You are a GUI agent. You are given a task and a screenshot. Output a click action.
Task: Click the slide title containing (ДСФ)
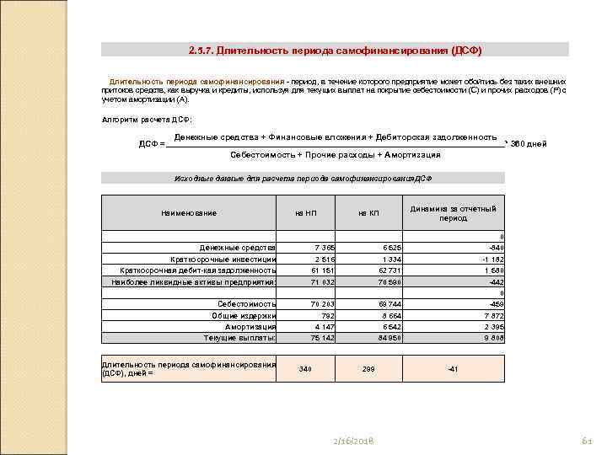click(x=336, y=50)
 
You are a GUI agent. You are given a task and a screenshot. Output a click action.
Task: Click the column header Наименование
click(x=189, y=212)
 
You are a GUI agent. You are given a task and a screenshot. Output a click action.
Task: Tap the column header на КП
click(x=368, y=212)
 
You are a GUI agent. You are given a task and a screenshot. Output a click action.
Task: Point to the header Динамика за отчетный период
click(x=453, y=212)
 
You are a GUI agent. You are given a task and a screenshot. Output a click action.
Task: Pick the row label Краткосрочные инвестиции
click(x=223, y=259)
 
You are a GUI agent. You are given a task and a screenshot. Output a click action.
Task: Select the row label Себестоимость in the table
click(x=246, y=303)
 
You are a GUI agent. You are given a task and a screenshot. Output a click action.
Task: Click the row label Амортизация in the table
click(x=250, y=326)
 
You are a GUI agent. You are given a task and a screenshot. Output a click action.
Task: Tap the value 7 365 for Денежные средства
click(x=325, y=247)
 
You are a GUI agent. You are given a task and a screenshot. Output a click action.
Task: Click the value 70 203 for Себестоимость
click(x=322, y=303)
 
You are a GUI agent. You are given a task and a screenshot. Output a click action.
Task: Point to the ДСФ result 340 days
click(x=305, y=369)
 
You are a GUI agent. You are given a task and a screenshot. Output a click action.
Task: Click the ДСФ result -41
click(x=453, y=369)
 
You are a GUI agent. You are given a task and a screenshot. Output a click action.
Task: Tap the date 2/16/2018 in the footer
click(x=353, y=442)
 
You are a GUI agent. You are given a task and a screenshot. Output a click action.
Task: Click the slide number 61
click(x=588, y=442)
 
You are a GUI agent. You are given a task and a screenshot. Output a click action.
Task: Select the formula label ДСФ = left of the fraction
click(x=151, y=143)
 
